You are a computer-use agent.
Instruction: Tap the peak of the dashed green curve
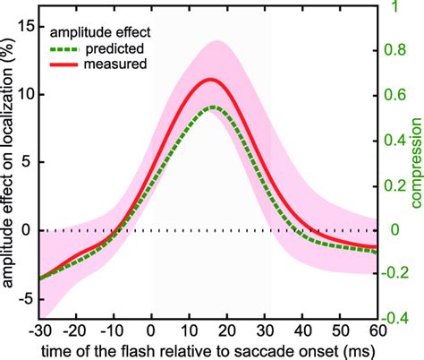point(210,107)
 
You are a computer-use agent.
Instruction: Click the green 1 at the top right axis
point(394,7)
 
